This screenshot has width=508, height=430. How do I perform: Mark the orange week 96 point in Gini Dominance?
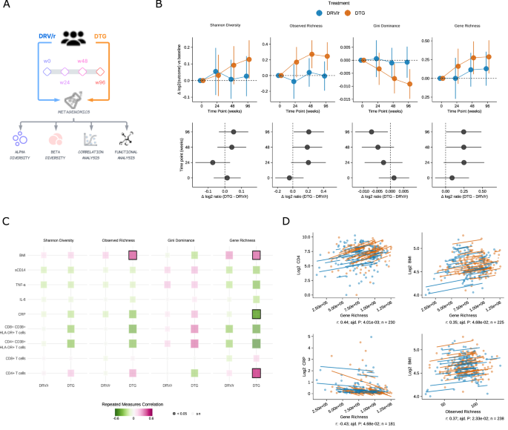(x=410, y=84)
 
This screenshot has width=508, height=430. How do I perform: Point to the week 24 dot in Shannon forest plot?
(x=212, y=162)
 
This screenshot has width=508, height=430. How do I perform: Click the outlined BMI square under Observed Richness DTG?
(x=133, y=255)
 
